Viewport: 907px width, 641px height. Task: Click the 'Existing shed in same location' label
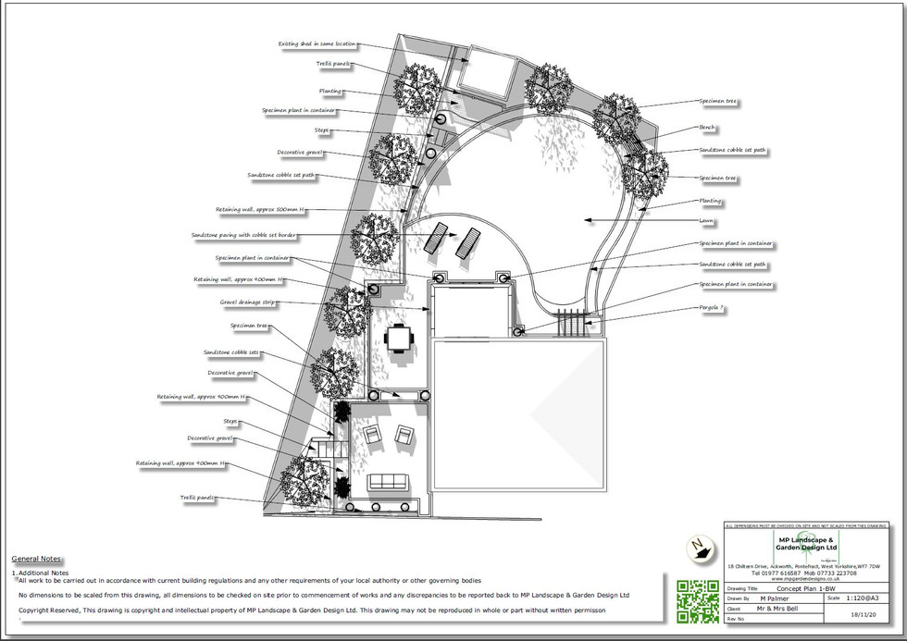pos(317,43)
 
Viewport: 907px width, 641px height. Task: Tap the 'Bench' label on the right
pos(707,128)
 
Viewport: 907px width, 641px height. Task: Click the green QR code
pos(698,600)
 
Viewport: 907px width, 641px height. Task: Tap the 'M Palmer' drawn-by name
pos(776,599)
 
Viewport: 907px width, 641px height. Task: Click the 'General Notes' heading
pos(36,560)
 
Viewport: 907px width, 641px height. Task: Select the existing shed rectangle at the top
pos(484,72)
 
